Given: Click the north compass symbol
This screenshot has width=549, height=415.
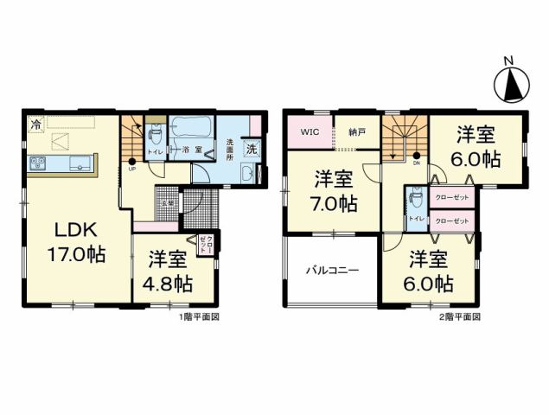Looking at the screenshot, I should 510,83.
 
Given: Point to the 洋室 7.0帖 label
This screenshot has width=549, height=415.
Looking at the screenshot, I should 334,192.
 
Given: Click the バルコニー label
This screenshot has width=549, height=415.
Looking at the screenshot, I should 331,271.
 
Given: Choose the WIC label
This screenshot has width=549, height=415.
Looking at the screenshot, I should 310,132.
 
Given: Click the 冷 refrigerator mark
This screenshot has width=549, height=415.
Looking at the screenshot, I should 35,125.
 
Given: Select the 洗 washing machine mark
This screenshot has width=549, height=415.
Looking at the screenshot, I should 252,148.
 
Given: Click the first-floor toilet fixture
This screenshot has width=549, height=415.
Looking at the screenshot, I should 156,136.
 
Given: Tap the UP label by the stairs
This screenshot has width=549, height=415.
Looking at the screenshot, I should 131,169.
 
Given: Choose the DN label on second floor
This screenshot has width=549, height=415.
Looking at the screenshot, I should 416,163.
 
